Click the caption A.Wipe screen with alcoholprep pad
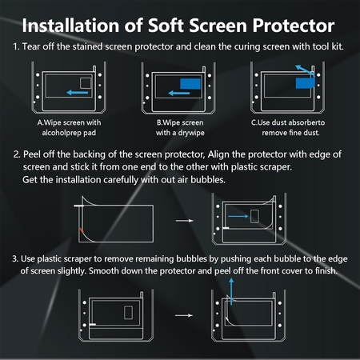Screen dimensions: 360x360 (72, 128)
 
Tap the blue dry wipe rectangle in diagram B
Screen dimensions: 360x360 (190, 83)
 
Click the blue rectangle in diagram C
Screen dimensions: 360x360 (304, 82)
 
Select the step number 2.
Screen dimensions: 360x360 (16, 152)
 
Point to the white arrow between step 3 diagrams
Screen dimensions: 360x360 (184, 315)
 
